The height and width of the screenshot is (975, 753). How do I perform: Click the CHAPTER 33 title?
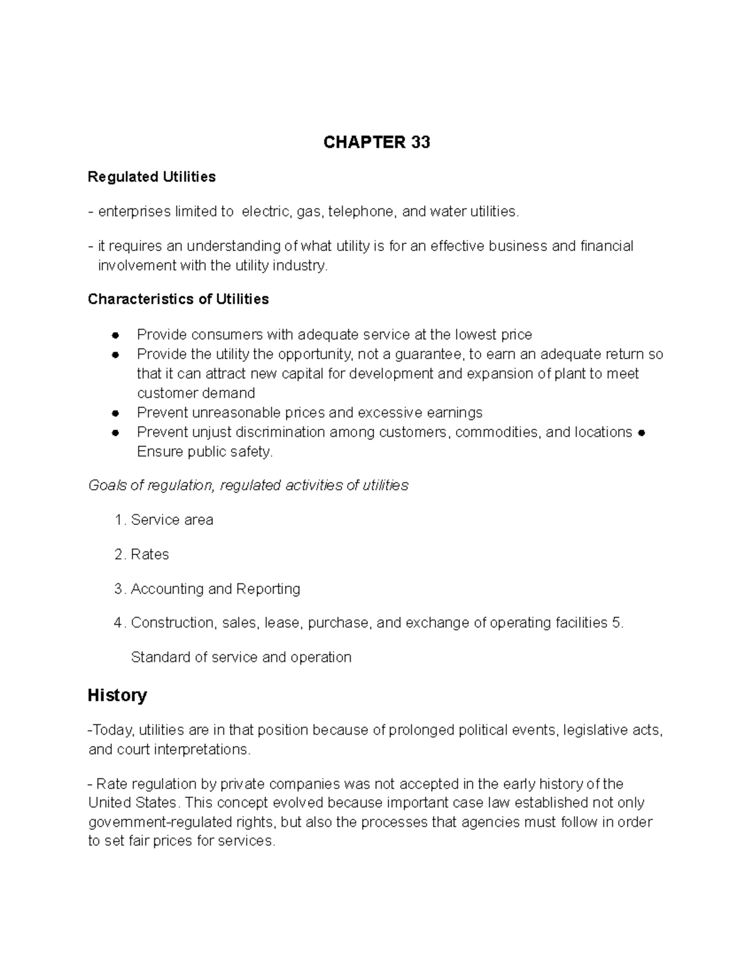(376, 143)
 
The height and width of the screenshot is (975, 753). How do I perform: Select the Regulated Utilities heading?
(151, 177)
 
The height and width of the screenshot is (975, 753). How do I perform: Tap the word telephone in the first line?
(362, 212)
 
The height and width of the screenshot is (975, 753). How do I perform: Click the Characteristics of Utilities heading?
(178, 299)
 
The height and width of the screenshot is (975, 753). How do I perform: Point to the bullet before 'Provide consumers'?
(115, 335)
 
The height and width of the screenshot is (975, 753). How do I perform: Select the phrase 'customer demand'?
(196, 393)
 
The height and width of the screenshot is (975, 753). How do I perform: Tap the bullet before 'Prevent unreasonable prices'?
(115, 413)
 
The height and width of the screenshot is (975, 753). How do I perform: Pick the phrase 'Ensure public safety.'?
(205, 451)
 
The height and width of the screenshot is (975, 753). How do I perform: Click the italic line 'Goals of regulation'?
(248, 485)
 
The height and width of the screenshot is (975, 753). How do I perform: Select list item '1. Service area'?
(164, 520)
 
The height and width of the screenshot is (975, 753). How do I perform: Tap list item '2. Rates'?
(142, 554)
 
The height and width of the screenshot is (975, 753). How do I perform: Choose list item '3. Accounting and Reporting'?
(208, 589)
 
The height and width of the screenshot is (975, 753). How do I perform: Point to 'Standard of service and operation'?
(241, 657)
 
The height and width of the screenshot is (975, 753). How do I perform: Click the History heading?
(117, 695)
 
